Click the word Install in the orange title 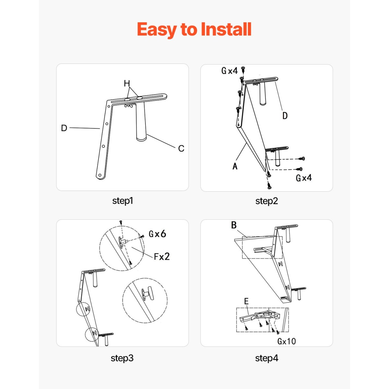[x=226, y=29]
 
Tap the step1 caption [x=123, y=201]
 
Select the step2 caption [x=266, y=201]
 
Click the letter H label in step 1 [x=127, y=83]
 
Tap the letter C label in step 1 [x=181, y=148]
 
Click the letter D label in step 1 [x=64, y=128]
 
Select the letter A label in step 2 [x=235, y=166]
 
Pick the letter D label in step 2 [x=285, y=116]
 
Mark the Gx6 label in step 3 [x=157, y=234]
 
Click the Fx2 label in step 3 [x=162, y=256]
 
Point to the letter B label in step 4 [x=234, y=225]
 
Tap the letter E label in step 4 [x=246, y=301]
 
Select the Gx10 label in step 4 [x=287, y=341]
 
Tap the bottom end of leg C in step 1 [x=141, y=139]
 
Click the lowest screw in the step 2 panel [x=269, y=185]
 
